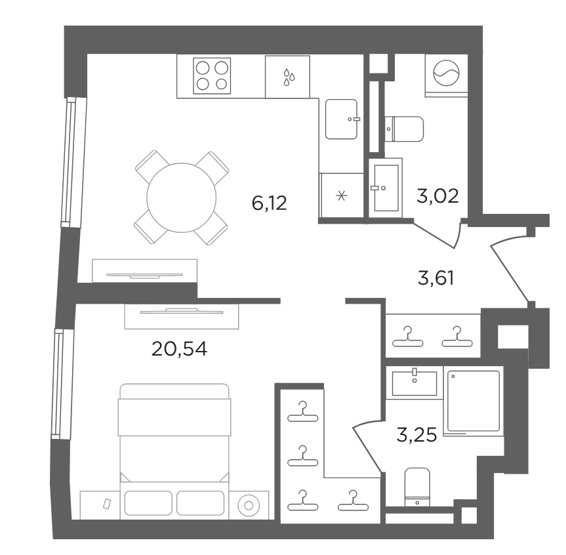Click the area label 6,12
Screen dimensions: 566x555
tap(270, 203)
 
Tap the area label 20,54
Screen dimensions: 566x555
tap(180, 349)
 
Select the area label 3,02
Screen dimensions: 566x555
tap(437, 196)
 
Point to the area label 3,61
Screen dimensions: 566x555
tap(435, 278)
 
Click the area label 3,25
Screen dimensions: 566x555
tap(416, 435)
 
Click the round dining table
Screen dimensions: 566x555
tap(182, 197)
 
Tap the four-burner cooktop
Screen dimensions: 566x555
tap(212, 76)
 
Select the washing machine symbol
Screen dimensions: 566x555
tap(446, 73)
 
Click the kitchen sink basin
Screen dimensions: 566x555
tap(342, 119)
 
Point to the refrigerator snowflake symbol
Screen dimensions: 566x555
tap(342, 196)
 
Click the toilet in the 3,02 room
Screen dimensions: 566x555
tap(404, 129)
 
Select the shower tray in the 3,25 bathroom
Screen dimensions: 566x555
tap(474, 401)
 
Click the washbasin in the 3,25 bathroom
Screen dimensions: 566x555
tap(414, 383)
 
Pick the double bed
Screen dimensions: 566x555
tap(174, 433)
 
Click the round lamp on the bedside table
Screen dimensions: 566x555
tap(249, 506)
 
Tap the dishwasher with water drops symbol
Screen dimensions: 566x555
tap(287, 77)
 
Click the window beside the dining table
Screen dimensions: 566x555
tap(70, 162)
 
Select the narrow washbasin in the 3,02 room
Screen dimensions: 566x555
tap(386, 188)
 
